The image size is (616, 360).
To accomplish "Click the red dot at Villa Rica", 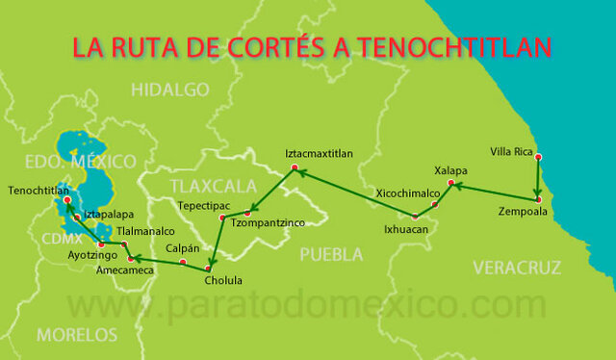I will click(538, 157).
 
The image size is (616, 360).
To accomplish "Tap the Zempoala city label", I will click(523, 211).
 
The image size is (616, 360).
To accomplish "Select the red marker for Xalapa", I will click(450, 183).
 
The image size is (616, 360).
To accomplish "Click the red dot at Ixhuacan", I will click(415, 216).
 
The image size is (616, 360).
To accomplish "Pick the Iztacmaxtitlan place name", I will click(320, 154).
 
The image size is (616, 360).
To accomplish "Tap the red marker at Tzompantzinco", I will click(248, 213).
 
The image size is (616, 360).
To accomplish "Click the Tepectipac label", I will click(204, 206).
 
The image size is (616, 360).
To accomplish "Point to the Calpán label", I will click(183, 248).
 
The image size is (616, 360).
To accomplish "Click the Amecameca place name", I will click(125, 272).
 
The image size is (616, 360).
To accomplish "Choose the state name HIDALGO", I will click(170, 90).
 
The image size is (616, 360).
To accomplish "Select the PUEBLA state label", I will click(331, 254).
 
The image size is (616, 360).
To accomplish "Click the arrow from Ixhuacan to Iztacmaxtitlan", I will click(356, 193).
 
